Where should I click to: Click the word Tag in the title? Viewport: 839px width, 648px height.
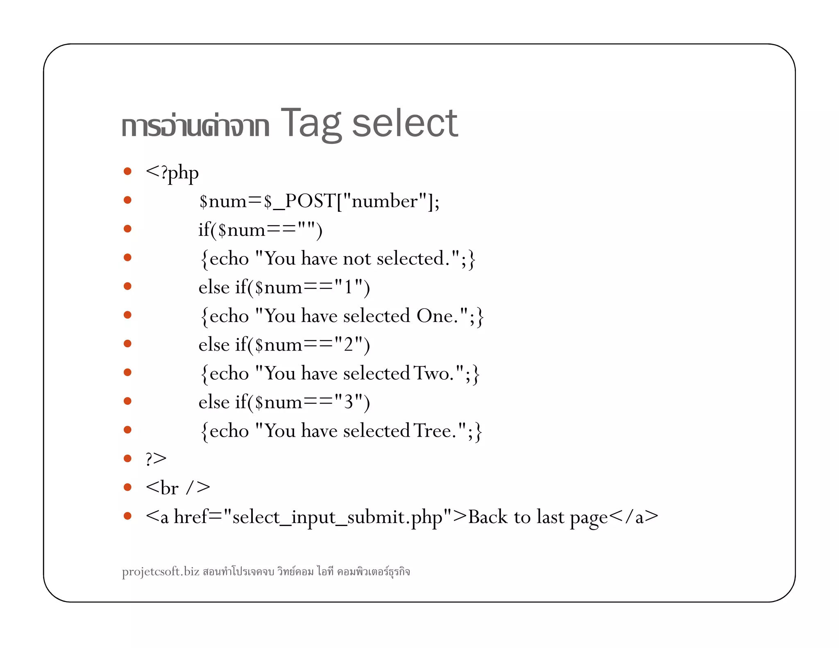click(x=310, y=123)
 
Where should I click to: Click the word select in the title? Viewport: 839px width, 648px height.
click(x=404, y=123)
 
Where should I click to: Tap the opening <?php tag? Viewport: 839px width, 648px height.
click(x=172, y=173)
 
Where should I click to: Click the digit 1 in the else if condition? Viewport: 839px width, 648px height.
click(x=348, y=287)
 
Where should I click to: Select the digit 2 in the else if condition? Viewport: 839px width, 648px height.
click(x=348, y=344)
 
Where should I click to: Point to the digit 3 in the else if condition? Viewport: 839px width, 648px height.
click(x=348, y=402)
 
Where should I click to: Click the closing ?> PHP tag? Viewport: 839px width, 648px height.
click(x=156, y=459)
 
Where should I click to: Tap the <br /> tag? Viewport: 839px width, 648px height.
click(x=178, y=488)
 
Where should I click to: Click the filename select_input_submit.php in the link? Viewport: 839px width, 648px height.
click(x=337, y=517)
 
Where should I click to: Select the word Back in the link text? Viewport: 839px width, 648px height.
click(x=488, y=517)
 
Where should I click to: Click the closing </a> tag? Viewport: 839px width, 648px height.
click(x=634, y=517)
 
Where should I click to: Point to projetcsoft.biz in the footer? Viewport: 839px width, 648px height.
click(x=161, y=571)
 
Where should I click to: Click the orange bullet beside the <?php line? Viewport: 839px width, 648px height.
click(x=127, y=171)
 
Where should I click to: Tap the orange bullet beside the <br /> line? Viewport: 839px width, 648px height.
click(x=127, y=487)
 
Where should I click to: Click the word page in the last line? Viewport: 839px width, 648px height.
click(x=589, y=518)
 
